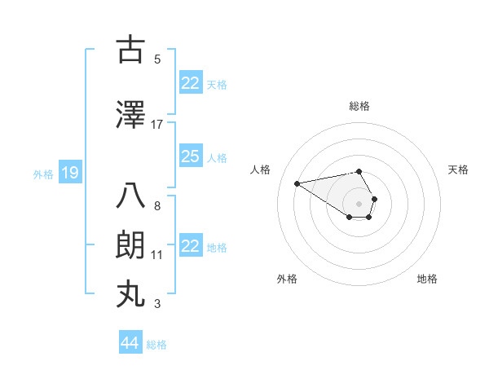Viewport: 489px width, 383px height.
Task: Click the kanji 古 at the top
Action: [130, 51]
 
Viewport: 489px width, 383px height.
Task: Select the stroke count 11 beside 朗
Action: [157, 255]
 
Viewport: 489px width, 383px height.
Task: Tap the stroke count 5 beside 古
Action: [157, 59]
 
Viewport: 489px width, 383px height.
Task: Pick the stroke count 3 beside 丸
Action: [157, 304]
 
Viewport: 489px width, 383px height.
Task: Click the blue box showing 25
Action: [190, 156]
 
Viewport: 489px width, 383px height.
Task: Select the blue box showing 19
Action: [69, 173]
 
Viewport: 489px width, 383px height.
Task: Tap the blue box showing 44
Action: [130, 343]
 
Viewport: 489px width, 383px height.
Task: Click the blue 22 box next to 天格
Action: [190, 82]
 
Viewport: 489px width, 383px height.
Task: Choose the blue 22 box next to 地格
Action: [190, 246]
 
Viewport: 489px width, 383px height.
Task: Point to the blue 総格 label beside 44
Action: [156, 345]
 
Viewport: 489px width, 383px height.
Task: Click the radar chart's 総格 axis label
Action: [359, 106]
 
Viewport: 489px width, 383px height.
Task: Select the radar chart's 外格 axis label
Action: [287, 279]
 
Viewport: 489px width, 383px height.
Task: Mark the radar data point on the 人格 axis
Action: [297, 183]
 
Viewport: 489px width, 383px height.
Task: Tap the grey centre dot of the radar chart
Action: [359, 202]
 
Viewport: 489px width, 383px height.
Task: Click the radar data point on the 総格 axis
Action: [359, 171]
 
